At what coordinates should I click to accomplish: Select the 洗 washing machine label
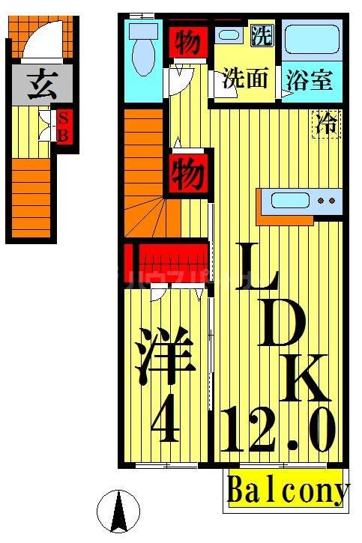[261, 34]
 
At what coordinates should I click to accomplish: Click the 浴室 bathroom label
[309, 79]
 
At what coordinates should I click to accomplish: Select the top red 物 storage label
[187, 43]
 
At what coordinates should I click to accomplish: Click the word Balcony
[288, 491]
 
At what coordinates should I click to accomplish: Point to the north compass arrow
[118, 512]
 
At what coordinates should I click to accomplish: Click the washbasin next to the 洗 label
[228, 34]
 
